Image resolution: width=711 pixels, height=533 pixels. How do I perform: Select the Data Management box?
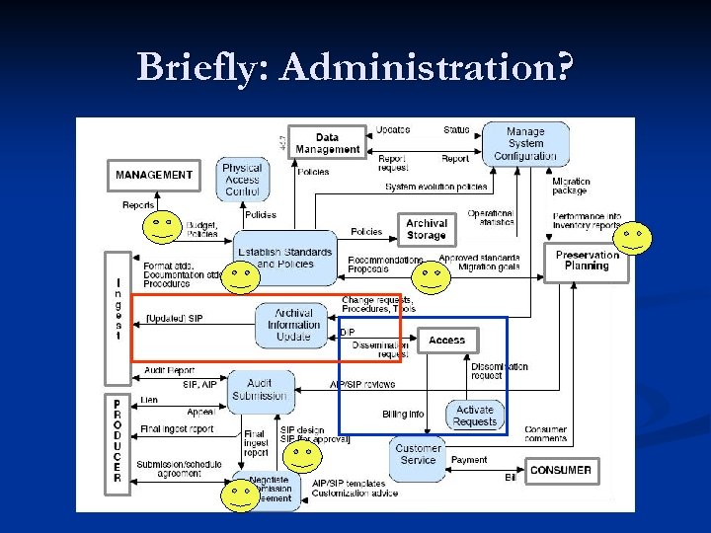click(327, 143)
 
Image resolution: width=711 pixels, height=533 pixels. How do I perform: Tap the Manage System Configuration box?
click(525, 143)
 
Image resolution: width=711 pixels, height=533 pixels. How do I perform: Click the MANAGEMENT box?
click(154, 175)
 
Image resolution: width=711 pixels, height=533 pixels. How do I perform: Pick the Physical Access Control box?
click(242, 180)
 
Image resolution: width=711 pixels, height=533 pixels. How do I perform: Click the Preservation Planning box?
click(587, 261)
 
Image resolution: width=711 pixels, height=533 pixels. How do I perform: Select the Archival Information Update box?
click(293, 325)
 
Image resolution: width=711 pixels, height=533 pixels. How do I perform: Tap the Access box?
click(446, 341)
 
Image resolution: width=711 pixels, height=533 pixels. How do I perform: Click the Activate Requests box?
click(475, 416)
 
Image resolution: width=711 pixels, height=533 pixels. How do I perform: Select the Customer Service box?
click(418, 454)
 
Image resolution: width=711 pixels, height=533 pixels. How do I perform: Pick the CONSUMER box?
click(561, 471)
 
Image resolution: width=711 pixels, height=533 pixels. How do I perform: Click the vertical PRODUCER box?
click(118, 441)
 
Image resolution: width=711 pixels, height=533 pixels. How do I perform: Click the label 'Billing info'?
click(403, 415)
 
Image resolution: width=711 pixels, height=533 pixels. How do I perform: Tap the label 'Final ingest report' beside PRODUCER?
click(178, 429)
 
